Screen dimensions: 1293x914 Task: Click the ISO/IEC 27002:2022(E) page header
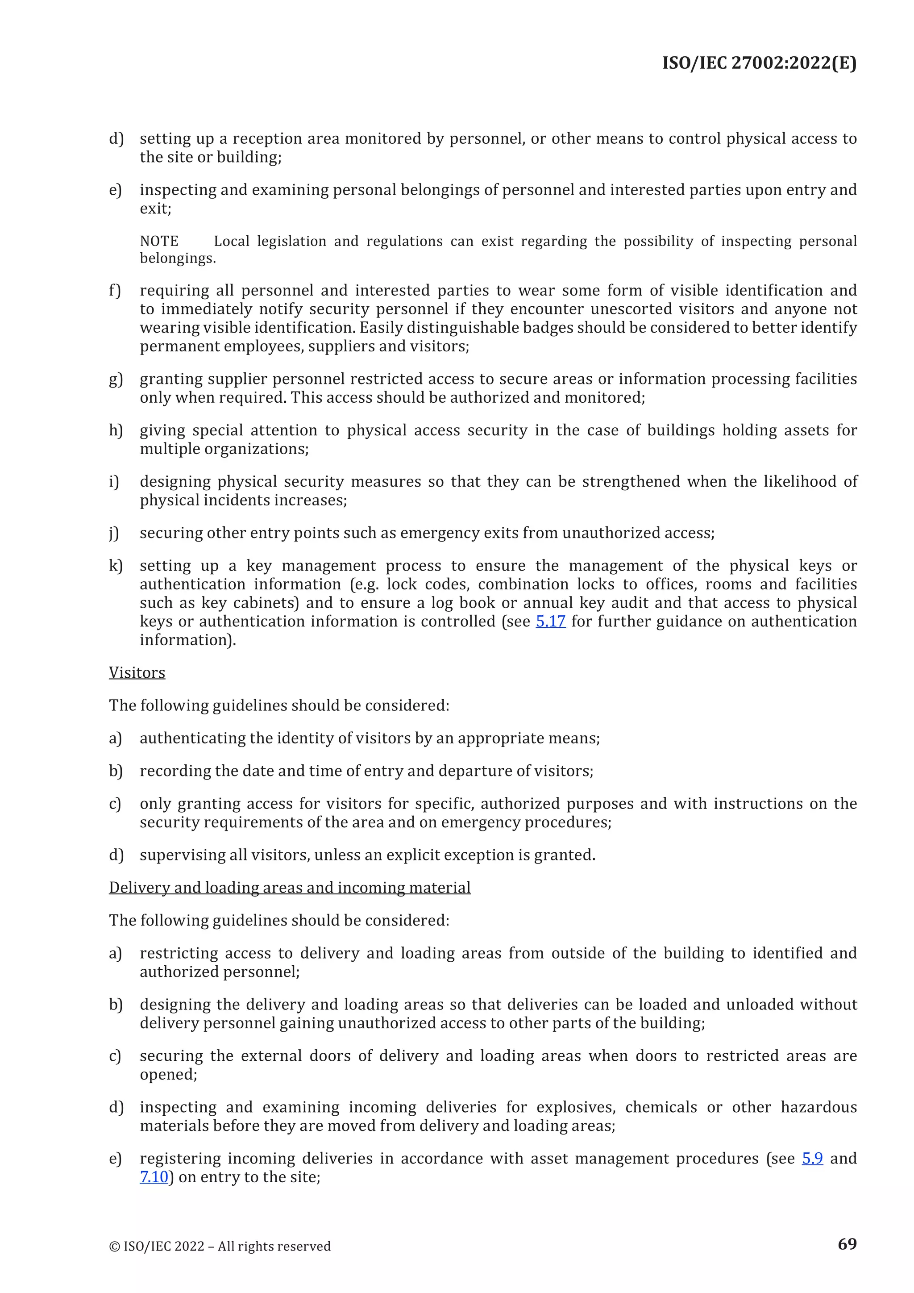759,63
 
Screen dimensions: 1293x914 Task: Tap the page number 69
847,1243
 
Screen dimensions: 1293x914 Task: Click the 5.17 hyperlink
550,621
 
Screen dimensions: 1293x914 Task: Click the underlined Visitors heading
137,672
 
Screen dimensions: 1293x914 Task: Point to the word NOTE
159,242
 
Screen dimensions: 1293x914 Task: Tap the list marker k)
116,565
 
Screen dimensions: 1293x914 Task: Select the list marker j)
114,533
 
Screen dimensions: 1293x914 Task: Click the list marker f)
115,291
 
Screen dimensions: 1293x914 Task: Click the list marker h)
116,430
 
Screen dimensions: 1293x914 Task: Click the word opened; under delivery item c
168,1075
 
